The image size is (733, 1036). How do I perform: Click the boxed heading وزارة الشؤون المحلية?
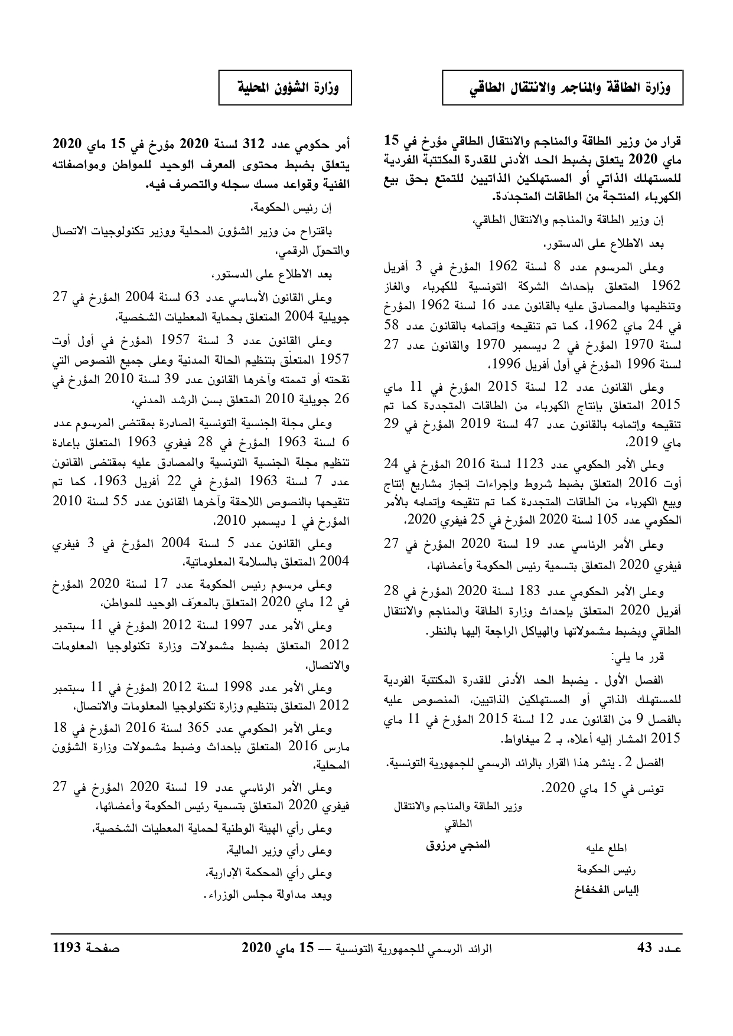(285, 89)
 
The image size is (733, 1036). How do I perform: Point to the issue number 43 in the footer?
(644, 948)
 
